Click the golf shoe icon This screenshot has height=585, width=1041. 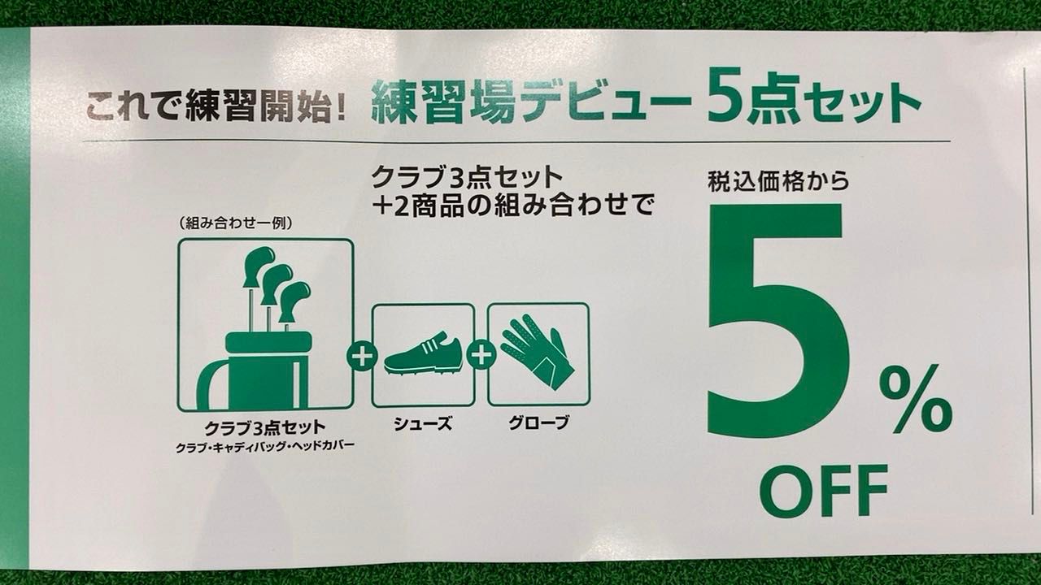pos(422,353)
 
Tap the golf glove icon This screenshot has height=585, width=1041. pos(538,352)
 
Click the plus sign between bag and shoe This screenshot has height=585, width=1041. pos(362,356)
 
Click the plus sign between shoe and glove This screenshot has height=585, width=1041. pos(481,356)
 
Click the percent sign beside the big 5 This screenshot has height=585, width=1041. pos(916,398)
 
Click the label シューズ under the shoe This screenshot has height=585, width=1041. pos(423,423)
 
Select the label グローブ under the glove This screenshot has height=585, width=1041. pos(538,422)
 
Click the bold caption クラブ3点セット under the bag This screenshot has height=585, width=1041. pos(265,428)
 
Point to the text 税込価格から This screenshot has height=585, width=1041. pos(778,181)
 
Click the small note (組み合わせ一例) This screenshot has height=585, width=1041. pos(236,223)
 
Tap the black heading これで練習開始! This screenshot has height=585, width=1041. pos(216,106)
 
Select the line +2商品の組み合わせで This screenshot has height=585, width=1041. pos(513,206)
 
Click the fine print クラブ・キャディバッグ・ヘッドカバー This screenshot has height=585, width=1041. pos(265,448)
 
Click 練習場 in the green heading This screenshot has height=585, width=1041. pos(444,102)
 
